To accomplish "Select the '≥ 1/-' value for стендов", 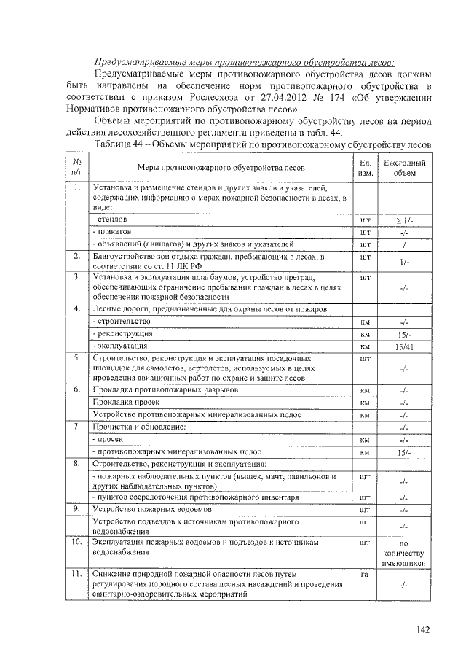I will pyautogui.click(x=404, y=219).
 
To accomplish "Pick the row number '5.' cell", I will pyautogui.click(x=77, y=358).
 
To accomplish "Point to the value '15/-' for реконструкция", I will pyautogui.click(x=404, y=334).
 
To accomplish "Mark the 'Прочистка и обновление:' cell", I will pyautogui.click(x=140, y=426).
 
